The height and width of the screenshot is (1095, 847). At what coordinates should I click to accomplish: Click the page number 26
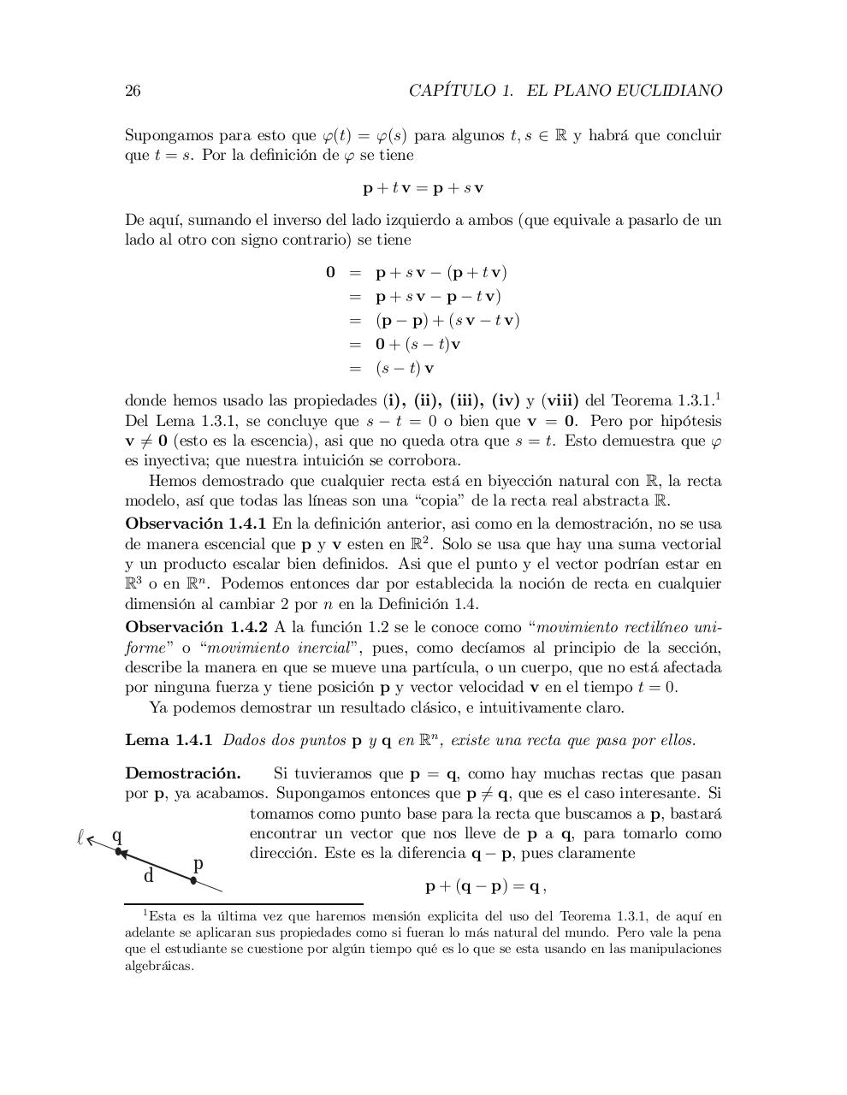coord(133,91)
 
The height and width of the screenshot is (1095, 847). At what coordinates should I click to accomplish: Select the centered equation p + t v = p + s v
coord(423,187)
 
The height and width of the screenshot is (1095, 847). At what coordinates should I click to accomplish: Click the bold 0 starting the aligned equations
coord(330,273)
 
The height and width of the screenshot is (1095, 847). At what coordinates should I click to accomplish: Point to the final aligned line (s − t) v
coord(405,369)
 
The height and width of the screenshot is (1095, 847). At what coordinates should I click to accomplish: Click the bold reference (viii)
coord(560,400)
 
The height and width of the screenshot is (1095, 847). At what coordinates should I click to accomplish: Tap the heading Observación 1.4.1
coord(196,523)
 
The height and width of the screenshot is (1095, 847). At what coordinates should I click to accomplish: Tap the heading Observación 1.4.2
coord(196,626)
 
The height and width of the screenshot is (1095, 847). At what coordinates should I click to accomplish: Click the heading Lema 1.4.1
coord(169,740)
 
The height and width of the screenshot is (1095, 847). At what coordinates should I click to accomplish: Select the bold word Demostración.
coord(182,773)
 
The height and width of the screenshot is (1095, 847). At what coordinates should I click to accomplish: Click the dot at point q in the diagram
coord(118,850)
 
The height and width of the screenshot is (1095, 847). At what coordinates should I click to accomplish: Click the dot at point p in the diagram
coord(193,879)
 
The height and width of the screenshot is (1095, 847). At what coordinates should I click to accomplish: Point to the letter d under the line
coord(149,876)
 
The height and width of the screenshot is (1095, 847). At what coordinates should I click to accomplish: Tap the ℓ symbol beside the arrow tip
coord(80,838)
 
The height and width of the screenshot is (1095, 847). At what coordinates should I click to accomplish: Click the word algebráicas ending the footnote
coord(159,966)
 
